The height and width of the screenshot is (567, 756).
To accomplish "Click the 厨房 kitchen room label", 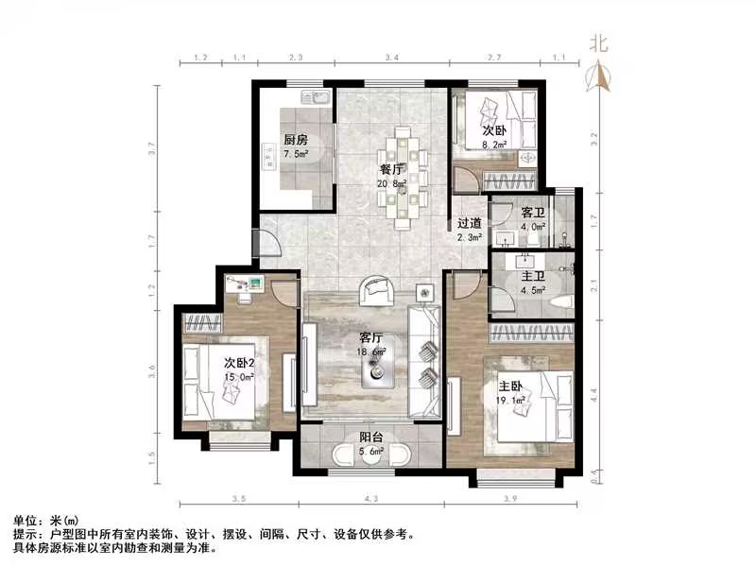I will (x=297, y=139).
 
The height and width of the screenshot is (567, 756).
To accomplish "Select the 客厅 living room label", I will (x=370, y=336).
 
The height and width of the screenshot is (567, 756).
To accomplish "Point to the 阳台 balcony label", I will (x=370, y=438).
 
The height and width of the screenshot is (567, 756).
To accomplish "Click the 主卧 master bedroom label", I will (x=510, y=385).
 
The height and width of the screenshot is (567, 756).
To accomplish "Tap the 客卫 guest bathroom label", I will (x=531, y=212).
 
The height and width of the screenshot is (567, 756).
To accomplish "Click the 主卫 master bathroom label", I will (x=531, y=276).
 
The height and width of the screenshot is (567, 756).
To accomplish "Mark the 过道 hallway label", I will (x=470, y=224).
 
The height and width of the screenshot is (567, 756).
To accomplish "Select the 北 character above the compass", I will (x=597, y=43).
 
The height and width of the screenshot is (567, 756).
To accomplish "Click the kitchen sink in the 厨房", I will (x=313, y=97).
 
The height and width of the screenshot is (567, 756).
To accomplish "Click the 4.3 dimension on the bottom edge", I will (x=370, y=497).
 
